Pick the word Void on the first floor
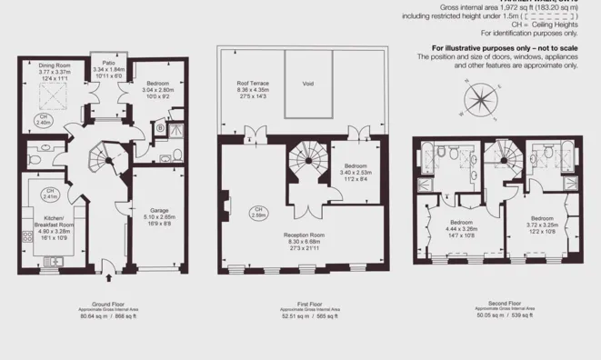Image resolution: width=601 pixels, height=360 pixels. (x=308, y=83)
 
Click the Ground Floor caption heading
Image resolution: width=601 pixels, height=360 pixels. (x=107, y=304)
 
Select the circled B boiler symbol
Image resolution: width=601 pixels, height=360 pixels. (x=160, y=129)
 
